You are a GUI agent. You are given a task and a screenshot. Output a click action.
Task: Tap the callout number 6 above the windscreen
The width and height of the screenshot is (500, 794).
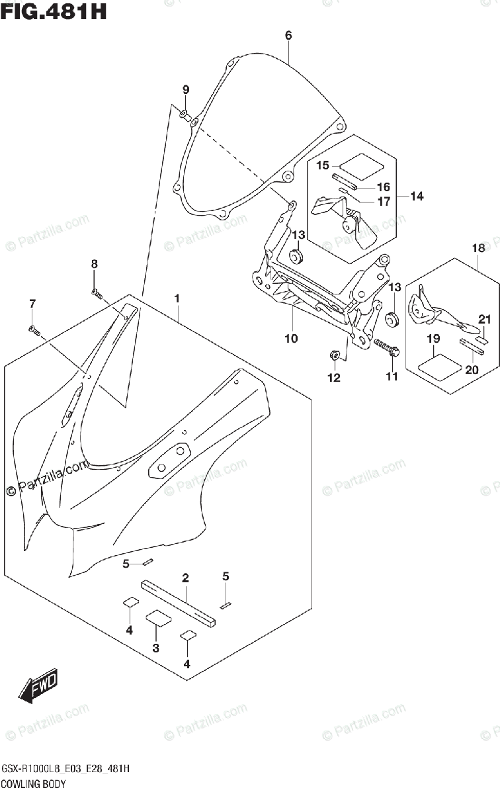coord(288,36)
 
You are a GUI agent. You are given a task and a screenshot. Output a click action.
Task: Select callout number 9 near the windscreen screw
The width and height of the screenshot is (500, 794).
coord(186,90)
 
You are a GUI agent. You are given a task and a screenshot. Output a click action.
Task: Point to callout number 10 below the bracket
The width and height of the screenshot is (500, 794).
coord(291,339)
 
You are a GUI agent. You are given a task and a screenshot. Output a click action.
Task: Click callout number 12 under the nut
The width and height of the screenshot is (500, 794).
coord(333,378)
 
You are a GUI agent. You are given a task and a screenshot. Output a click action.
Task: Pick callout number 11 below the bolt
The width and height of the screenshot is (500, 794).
coord(392,376)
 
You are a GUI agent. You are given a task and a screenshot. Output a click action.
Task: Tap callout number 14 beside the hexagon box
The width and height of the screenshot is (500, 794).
coord(417,197)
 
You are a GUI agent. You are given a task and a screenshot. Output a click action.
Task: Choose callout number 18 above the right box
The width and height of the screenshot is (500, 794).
coord(478,248)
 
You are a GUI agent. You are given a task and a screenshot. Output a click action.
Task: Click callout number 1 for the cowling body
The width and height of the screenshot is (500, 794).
coord(177,300)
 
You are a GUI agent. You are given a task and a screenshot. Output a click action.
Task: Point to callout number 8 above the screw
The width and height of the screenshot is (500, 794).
coord(94,264)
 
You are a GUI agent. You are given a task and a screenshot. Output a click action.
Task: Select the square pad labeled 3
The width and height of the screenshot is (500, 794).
coord(158,619)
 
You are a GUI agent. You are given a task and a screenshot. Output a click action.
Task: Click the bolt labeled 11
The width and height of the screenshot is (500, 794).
coord(386,347)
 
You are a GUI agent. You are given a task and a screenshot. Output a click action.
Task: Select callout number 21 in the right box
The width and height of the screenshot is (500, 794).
coord(485,320)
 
